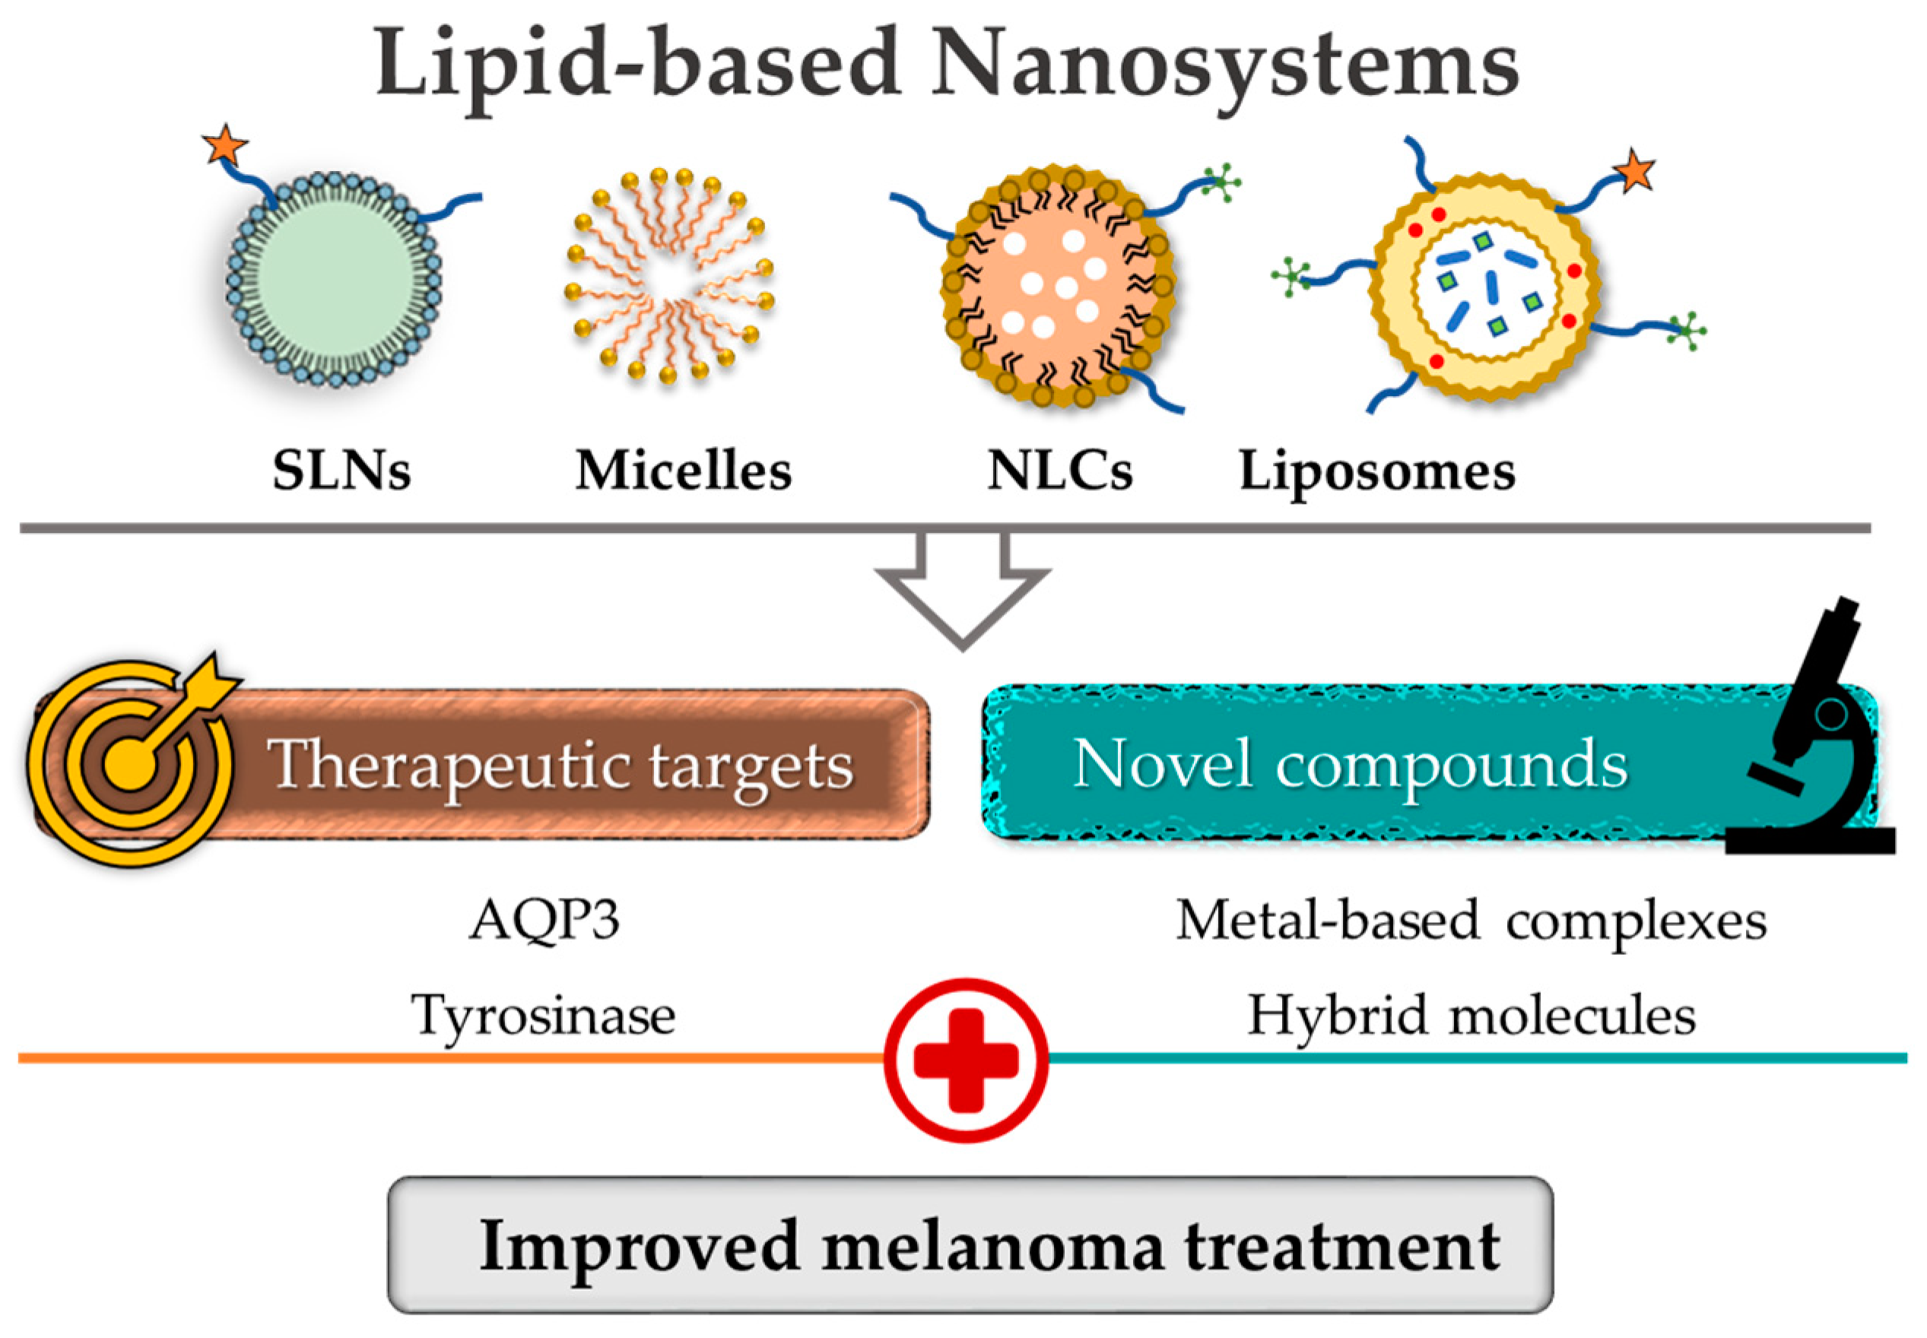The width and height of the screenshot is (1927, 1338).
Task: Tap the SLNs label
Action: [341, 471]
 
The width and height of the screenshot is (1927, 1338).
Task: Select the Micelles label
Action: [683, 471]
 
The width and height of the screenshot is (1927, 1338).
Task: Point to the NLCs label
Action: [1059, 471]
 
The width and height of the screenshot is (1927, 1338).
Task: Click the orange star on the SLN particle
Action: [225, 146]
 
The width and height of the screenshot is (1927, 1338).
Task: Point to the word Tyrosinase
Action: [544, 1015]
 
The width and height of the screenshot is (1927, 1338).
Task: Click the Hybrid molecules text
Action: [1471, 1015]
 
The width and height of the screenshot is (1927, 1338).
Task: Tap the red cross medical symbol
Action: [966, 1060]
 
